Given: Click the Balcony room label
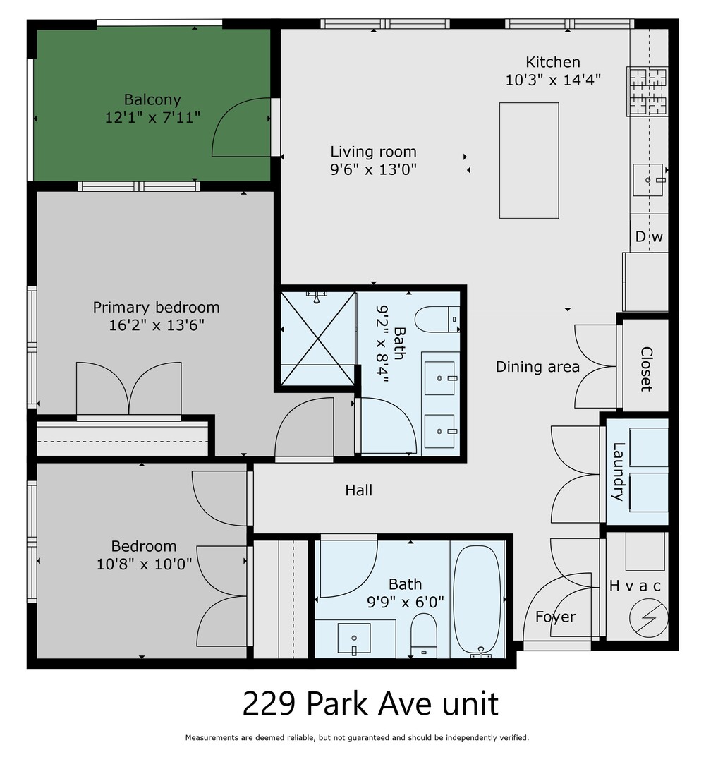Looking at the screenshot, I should point(152,100).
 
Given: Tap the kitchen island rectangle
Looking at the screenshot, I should point(529,160).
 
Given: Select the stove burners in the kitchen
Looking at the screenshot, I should point(647,91).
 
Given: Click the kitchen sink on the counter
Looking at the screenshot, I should point(648,181).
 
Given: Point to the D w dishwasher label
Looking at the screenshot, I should point(649,237).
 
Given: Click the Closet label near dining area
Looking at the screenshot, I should point(645,368).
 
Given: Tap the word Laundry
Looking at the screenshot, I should point(619,471).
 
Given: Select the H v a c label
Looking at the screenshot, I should point(635,586).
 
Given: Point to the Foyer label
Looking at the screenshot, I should point(555,617).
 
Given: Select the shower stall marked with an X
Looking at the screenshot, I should point(317,338).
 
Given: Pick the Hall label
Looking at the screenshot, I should point(358,490).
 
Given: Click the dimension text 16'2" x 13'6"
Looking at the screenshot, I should point(156,325).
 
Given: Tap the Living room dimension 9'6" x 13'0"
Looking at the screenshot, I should point(373,169).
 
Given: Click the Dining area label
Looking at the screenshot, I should point(537,367).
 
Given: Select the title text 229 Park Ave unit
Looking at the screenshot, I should point(370,703).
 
